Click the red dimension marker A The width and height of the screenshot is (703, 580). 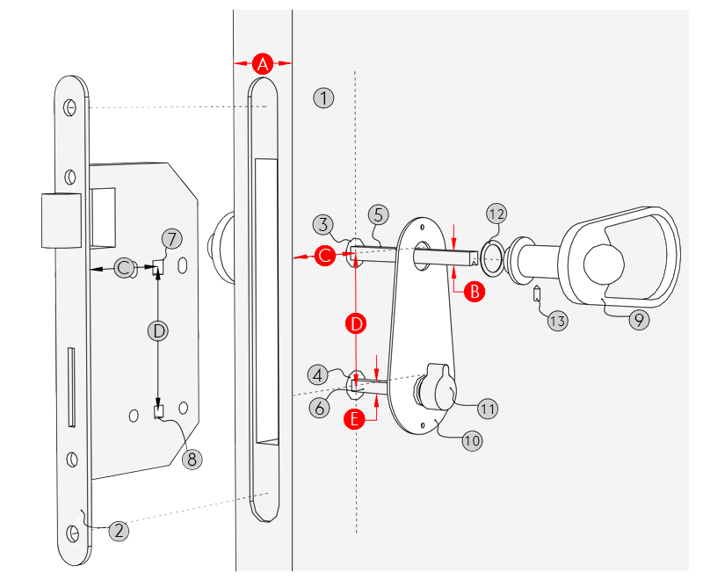(x=263, y=63)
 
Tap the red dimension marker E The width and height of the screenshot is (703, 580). (x=355, y=420)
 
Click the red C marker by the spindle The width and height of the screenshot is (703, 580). (x=326, y=257)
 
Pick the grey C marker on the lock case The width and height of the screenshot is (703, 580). (x=125, y=268)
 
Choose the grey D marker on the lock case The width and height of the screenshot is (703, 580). (x=158, y=330)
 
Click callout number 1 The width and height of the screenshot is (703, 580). (x=324, y=98)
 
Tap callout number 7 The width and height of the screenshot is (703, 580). (x=172, y=239)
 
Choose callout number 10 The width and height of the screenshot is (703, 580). (x=473, y=440)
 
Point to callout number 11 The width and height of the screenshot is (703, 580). (x=489, y=408)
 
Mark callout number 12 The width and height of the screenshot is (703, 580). (x=497, y=214)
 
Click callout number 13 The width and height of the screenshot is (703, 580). (x=557, y=321)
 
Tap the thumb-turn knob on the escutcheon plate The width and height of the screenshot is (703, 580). (x=438, y=388)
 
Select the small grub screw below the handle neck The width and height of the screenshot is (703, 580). (x=535, y=293)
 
